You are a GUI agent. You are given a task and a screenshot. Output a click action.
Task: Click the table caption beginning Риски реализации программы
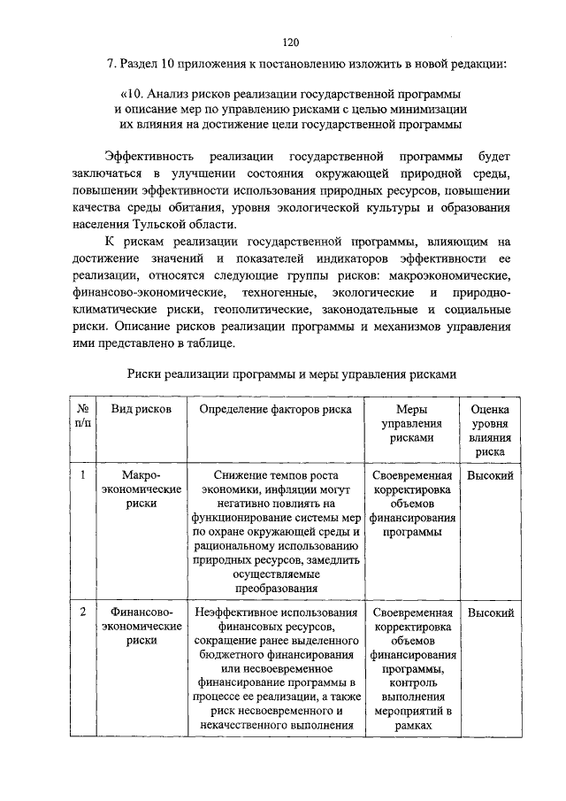point(291,374)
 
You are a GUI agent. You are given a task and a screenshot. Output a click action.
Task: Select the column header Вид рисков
point(141,410)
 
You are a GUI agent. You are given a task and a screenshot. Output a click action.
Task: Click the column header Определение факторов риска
point(275,410)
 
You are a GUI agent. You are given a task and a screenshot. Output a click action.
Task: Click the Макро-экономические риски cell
point(141,489)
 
